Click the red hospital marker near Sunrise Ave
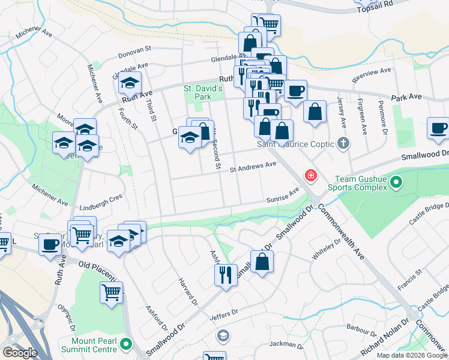(311, 175)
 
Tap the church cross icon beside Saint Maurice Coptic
(343, 143)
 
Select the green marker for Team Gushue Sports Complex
(395, 181)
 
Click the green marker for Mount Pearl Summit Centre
(126, 344)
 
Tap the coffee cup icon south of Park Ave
(295, 91)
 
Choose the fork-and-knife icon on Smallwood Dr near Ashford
(226, 275)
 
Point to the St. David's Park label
(203, 92)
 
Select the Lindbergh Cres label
(102, 197)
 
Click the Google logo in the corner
(20, 353)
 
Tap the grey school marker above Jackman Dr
(223, 335)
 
